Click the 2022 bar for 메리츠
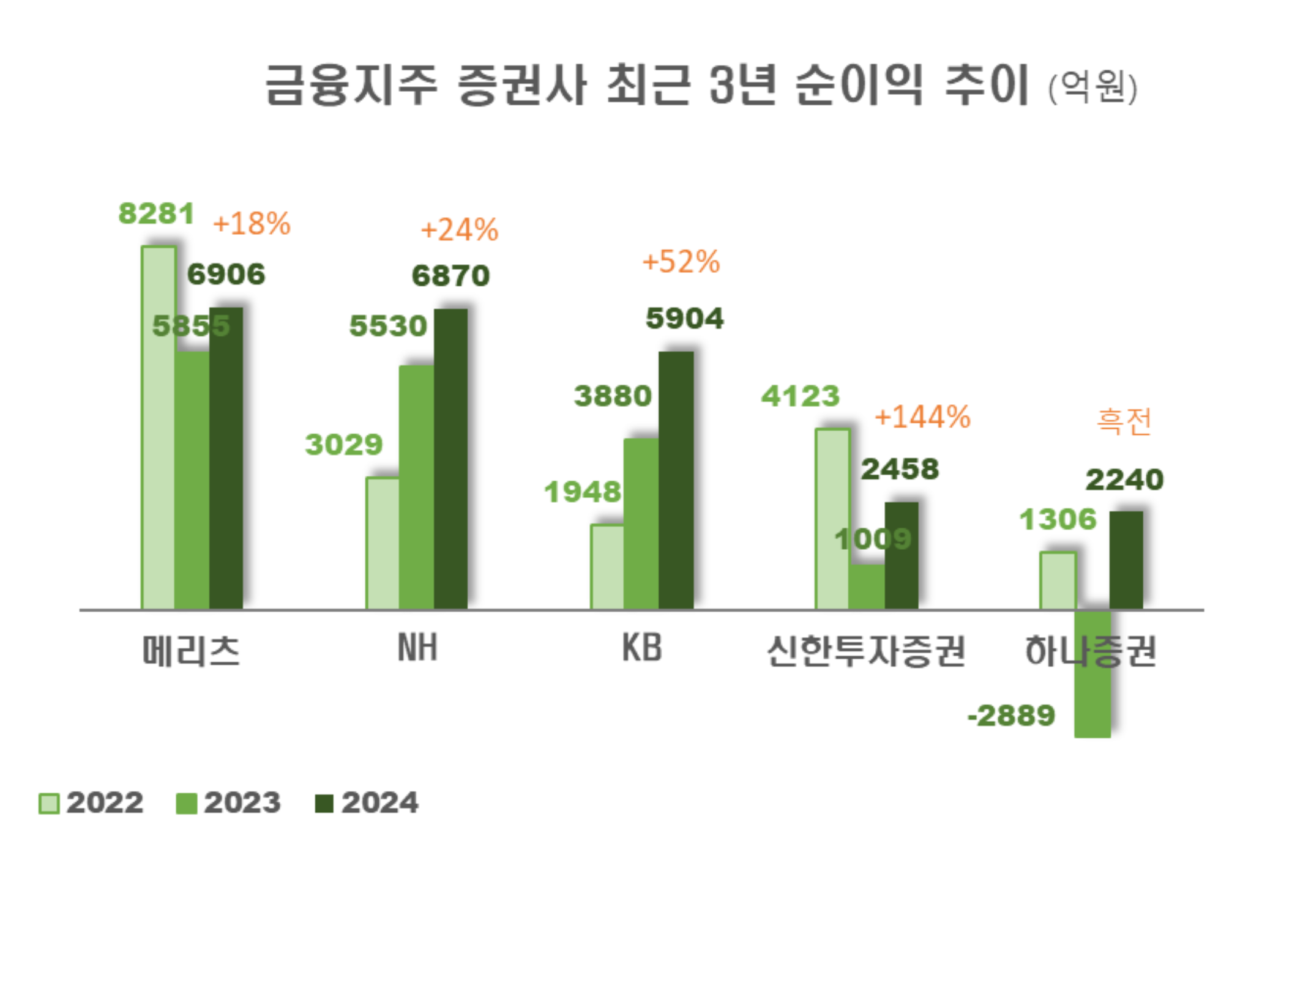158,428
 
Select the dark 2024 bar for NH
450,459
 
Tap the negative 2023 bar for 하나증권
1092,673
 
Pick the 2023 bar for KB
641,523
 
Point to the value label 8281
156,213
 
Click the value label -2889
1011,715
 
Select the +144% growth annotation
922,417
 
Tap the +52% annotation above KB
681,261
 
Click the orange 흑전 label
1124,421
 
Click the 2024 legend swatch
324,803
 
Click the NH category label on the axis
417,648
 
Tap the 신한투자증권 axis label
865,650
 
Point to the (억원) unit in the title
1093,87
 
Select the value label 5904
684,318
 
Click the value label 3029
343,444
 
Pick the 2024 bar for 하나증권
1126,560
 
